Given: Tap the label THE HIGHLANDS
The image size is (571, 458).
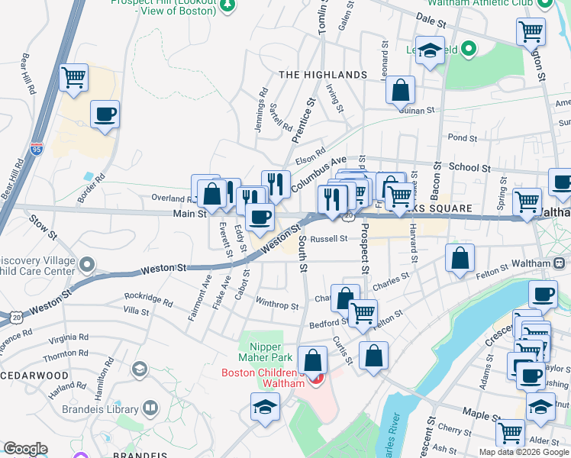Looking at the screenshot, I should (x=323, y=75).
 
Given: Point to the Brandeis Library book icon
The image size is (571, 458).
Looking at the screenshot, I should (x=150, y=409).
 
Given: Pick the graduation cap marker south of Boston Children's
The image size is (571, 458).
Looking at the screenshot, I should (x=265, y=406).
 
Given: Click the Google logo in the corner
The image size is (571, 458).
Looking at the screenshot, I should (x=25, y=449).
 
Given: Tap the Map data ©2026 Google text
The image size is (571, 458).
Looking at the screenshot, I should (x=524, y=452).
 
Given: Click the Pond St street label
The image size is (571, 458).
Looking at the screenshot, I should (x=463, y=138).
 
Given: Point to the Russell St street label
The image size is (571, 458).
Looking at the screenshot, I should (x=334, y=238).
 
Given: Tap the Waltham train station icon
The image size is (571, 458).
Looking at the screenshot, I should (x=560, y=263).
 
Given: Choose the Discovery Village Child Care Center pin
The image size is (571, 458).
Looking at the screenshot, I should (x=87, y=266).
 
